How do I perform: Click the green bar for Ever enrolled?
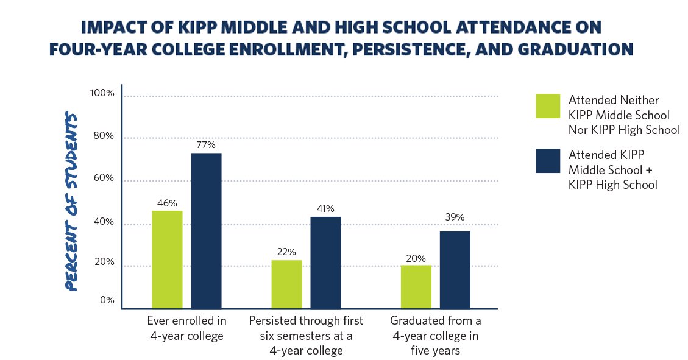[167, 259]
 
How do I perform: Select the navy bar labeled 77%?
[206, 231]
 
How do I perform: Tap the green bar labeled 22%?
[286, 284]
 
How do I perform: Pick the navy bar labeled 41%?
[325, 263]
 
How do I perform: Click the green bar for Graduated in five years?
[416, 286]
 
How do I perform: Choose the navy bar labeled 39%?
[455, 270]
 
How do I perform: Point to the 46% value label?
[166, 203]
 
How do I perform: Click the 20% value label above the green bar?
[416, 258]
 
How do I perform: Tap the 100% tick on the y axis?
[102, 93]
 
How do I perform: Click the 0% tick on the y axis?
[107, 300]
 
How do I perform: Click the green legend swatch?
[548, 105]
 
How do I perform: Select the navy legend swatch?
[548, 160]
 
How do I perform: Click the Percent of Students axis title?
[73, 202]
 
